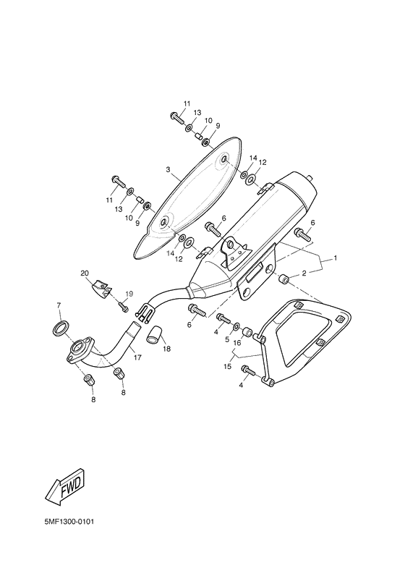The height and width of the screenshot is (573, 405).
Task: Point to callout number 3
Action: coord(168,171)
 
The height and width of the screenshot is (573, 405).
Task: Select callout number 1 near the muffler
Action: coord(336,258)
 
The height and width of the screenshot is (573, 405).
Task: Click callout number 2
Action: coord(304,273)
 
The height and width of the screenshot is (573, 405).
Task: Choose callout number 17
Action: coord(137,357)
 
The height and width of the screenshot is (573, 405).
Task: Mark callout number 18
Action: coord(167,349)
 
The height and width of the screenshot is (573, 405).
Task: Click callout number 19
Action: coord(130,293)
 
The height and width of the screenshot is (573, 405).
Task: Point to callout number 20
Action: coord(85,273)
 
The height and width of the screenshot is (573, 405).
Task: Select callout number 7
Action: coord(59,306)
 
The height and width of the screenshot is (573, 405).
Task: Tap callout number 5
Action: coord(228,339)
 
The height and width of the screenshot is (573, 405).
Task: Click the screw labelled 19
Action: coord(124,308)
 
